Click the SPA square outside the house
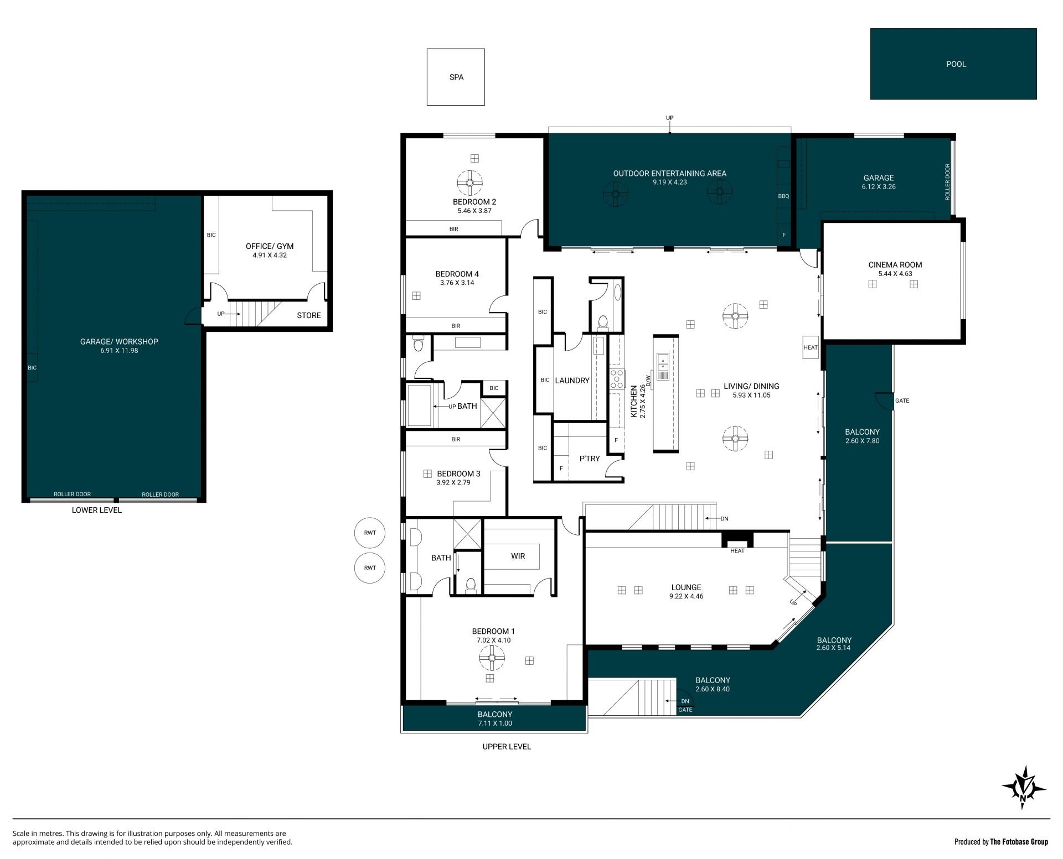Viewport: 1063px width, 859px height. (x=456, y=77)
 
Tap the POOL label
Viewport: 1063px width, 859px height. (x=956, y=64)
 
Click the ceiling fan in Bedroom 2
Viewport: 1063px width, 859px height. (x=470, y=181)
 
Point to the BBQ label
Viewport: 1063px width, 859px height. (x=783, y=196)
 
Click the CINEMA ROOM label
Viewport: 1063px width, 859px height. (x=895, y=265)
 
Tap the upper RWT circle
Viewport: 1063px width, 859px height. (x=370, y=533)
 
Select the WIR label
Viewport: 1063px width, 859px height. (x=518, y=556)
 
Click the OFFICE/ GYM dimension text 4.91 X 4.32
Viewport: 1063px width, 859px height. (x=270, y=256)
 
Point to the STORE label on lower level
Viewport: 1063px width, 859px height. (x=308, y=315)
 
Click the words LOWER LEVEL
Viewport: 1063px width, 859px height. (x=96, y=510)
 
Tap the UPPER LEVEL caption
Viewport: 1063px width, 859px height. (x=507, y=746)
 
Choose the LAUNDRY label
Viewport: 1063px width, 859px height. (x=572, y=381)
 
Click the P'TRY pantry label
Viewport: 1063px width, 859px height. (x=590, y=459)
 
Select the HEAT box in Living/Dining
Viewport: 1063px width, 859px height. (x=811, y=347)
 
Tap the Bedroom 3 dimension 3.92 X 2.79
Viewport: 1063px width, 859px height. (x=453, y=482)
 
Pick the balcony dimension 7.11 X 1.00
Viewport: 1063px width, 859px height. (x=495, y=723)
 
